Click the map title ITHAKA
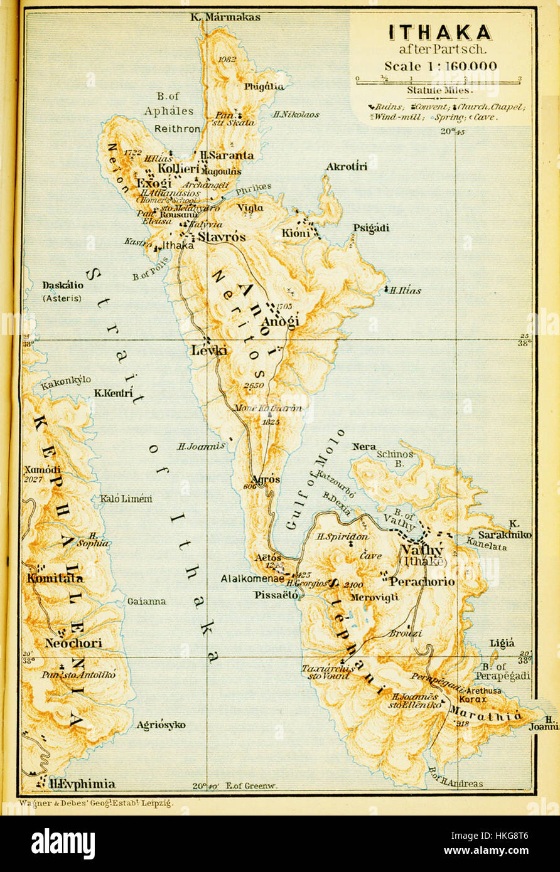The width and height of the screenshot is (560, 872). pyautogui.click(x=439, y=33)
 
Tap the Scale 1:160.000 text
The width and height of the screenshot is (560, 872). pyautogui.click(x=440, y=66)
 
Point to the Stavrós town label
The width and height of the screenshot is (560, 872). pyautogui.click(x=222, y=237)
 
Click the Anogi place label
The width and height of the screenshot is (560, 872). pyautogui.click(x=280, y=321)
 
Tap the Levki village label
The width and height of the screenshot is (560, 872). pyautogui.click(x=209, y=351)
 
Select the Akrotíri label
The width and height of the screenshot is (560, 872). pyautogui.click(x=347, y=166)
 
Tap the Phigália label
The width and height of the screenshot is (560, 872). pyautogui.click(x=264, y=87)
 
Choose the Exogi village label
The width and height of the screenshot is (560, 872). pyautogui.click(x=154, y=183)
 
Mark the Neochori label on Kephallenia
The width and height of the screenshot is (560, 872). pyautogui.click(x=73, y=643)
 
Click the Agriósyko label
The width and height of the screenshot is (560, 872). pyautogui.click(x=161, y=725)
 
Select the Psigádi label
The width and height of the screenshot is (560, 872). pyautogui.click(x=370, y=228)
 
